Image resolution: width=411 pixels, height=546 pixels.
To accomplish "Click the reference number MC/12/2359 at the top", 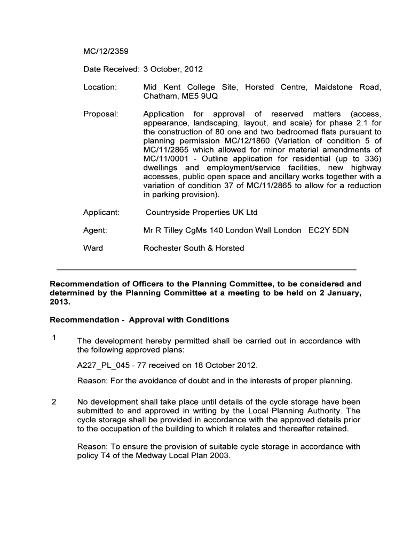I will tap(106, 52).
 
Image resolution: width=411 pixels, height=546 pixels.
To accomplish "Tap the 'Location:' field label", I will tap(100, 87).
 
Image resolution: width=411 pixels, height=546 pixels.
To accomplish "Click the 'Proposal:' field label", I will tap(100, 114).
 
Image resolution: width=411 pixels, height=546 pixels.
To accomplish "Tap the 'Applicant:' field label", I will tap(101, 212).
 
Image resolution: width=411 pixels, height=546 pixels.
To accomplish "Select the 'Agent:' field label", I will tap(95, 230).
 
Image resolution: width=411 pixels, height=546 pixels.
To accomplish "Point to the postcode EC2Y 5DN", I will tap(329, 230).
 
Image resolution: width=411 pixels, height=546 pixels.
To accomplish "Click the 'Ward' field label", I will tap(93, 248).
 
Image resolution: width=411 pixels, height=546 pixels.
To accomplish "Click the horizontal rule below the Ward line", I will tap(206, 270).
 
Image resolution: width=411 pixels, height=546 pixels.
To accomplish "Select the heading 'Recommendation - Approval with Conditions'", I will tap(139, 320).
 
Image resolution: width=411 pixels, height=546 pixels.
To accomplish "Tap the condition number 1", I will tap(53, 338).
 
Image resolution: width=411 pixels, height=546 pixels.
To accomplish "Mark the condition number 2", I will tap(53, 402).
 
